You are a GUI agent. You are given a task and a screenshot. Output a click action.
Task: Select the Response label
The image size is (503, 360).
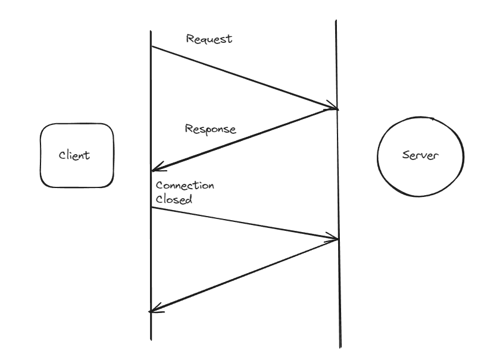[210, 129]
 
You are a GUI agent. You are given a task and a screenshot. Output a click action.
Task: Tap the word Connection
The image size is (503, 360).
[185, 186]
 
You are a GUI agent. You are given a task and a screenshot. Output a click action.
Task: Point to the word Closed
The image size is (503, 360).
[174, 199]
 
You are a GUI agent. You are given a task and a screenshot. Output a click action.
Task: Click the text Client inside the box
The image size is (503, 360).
[74, 155]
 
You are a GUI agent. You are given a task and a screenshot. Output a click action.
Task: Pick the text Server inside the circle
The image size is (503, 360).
[421, 155]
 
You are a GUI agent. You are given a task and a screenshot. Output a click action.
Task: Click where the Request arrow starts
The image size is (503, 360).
[151, 46]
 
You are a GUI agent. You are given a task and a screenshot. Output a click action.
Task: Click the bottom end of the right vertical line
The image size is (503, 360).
[340, 347]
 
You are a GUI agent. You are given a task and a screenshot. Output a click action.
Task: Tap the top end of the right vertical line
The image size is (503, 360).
[336, 21]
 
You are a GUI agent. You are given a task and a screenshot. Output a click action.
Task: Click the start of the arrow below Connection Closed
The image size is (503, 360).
[151, 207]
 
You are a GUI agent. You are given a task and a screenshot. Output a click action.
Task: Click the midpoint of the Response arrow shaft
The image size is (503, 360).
[245, 140]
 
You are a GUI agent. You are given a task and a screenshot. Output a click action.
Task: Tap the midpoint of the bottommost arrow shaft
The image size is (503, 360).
[244, 275]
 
